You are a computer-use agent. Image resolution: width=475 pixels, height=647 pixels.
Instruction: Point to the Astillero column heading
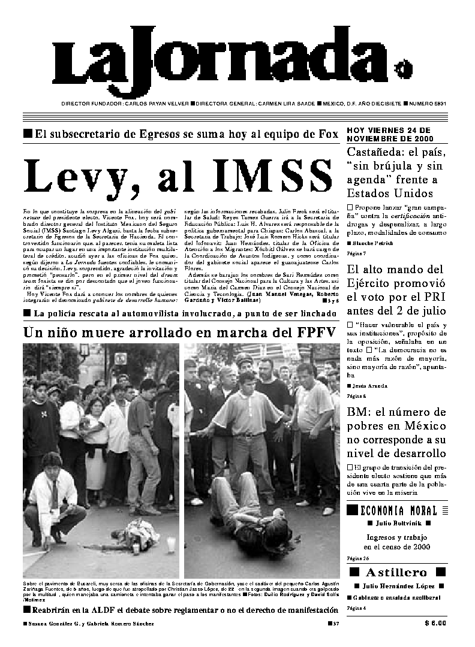coord(397,572)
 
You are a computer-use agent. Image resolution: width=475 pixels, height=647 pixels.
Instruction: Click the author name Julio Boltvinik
coord(398,523)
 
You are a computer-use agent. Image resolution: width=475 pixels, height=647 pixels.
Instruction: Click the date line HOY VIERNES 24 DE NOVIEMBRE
coord(389,134)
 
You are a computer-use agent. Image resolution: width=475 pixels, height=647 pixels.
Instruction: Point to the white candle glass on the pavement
coord(171,545)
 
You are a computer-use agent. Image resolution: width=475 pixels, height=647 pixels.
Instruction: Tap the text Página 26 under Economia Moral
coord(356,558)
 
